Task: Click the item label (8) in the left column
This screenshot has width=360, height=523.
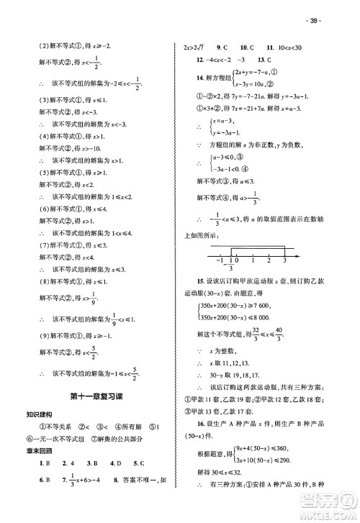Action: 45,281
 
